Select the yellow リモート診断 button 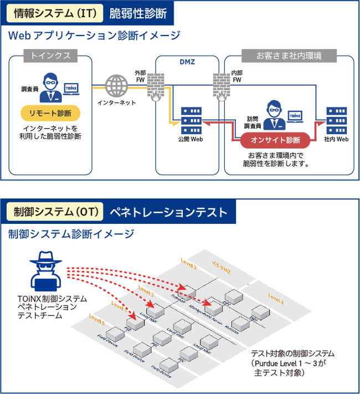click(x=50, y=114)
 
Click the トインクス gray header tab click(x=50, y=56)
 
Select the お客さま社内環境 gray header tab click(x=288, y=56)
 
